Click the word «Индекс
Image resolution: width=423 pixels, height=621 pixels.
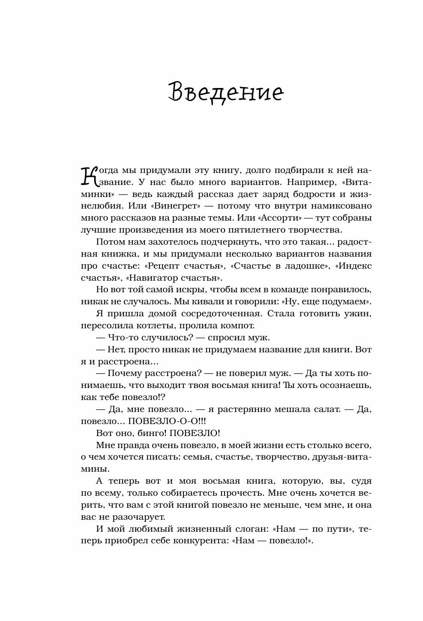tap(353, 266)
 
